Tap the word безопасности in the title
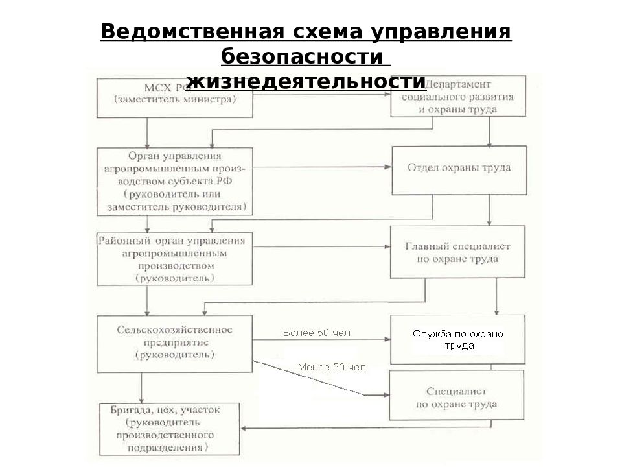coord(304,56)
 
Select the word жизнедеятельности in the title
coord(306,82)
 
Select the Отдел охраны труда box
coord(458,169)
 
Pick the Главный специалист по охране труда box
coord(457,252)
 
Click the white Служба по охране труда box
coord(457,340)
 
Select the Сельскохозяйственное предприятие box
coord(174,344)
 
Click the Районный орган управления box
coord(174,259)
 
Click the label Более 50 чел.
coord(318,333)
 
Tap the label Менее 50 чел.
coord(333,367)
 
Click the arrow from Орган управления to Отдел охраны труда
coord(322,167)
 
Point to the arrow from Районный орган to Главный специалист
coord(321,247)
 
